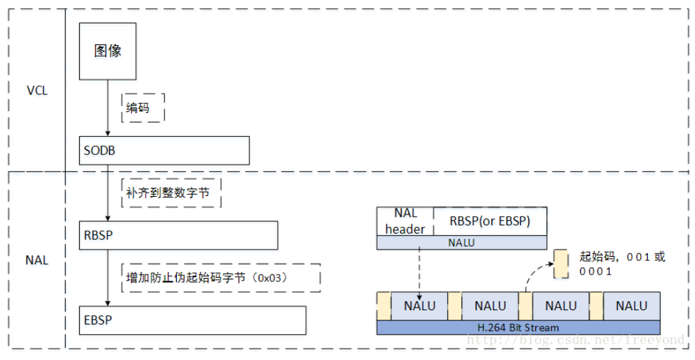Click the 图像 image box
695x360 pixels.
click(108, 51)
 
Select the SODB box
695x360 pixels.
click(165, 150)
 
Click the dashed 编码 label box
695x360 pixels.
click(143, 108)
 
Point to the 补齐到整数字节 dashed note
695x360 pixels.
click(173, 193)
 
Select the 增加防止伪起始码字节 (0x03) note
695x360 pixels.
click(221, 277)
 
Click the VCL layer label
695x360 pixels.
click(37, 91)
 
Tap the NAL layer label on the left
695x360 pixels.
click(37, 260)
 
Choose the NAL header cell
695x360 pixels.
click(406, 221)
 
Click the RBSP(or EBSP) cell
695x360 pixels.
click(490, 221)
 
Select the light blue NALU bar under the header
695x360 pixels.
click(462, 243)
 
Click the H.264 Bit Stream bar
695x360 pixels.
click(519, 327)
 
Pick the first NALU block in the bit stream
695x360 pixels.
click(419, 306)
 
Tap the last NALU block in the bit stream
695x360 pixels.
click(632, 306)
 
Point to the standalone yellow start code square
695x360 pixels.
click(561, 263)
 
